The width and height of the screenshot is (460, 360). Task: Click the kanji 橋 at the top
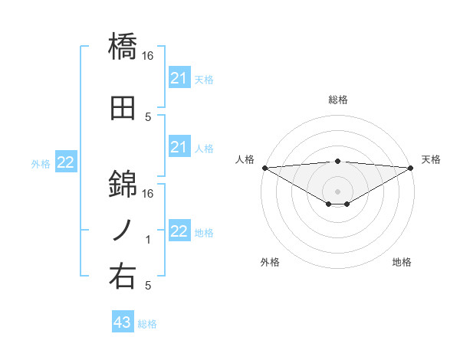[123, 47]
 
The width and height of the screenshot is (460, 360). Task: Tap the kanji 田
[123, 106]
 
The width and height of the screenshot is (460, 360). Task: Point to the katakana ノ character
[123, 229]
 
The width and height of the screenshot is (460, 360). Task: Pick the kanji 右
[123, 275]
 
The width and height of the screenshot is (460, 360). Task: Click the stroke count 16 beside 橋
[149, 56]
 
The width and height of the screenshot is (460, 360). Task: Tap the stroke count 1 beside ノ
[148, 240]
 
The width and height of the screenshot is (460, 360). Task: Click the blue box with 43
[123, 322]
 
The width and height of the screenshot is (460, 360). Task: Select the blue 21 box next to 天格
[179, 77]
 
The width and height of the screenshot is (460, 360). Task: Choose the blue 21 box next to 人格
[179, 147]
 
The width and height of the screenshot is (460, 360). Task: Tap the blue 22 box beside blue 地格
[179, 231]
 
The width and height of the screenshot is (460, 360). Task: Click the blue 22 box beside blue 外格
[66, 162]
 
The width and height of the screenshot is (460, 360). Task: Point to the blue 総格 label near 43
[148, 324]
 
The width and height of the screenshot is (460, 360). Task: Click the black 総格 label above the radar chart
[338, 100]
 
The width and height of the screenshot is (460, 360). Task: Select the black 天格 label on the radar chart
[432, 159]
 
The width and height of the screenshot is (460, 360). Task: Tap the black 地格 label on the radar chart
[402, 262]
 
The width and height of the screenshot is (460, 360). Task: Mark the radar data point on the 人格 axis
[264, 167]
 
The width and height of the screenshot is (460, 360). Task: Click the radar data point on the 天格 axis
[411, 167]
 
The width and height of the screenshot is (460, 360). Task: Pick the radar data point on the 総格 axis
[338, 161]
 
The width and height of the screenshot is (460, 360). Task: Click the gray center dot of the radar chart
[338, 191]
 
